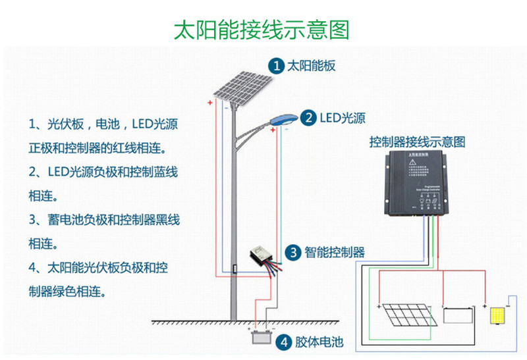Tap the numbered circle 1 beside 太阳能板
pyautogui.click(x=277, y=65)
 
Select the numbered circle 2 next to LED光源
pyautogui.click(x=308, y=118)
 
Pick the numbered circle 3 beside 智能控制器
pyautogui.click(x=292, y=252)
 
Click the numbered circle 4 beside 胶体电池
pyautogui.click(x=283, y=342)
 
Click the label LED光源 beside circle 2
pyautogui.click(x=343, y=118)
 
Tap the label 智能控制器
pyautogui.click(x=334, y=252)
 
